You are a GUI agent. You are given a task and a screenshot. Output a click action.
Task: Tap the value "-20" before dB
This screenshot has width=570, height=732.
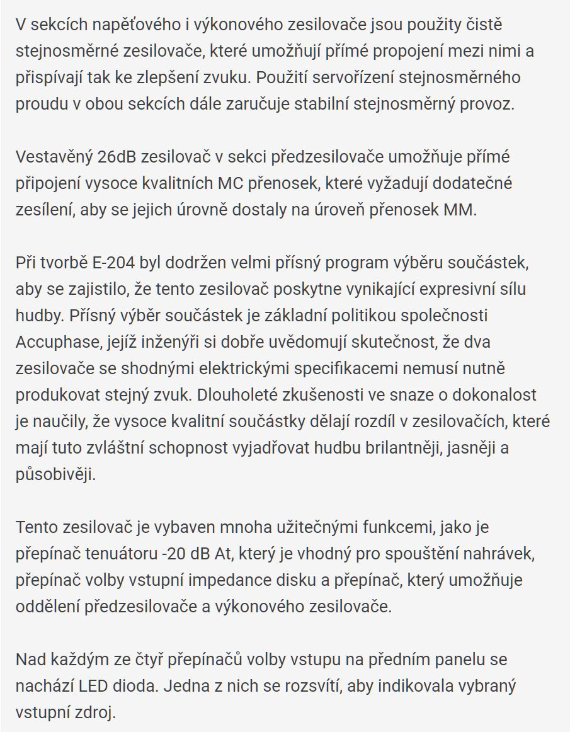pos(173,553)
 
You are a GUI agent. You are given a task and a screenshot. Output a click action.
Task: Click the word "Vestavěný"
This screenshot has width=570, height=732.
pos(54,156)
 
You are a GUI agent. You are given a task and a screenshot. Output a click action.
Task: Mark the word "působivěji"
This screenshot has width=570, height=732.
pos(55,474)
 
